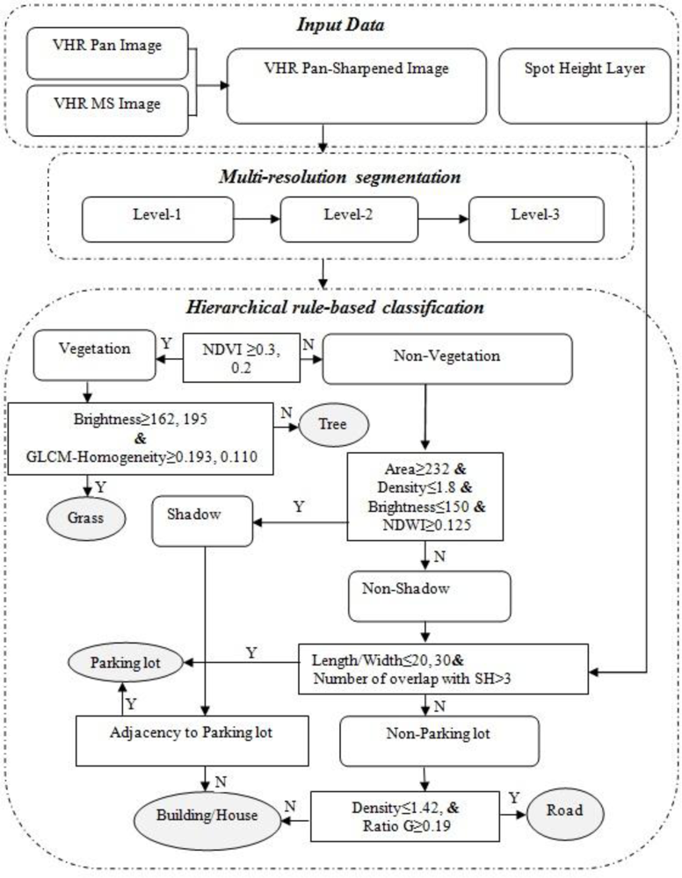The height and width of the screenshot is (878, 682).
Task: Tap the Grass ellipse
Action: click(87, 517)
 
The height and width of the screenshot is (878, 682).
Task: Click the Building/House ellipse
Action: click(207, 815)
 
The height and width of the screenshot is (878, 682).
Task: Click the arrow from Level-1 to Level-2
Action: click(257, 219)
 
